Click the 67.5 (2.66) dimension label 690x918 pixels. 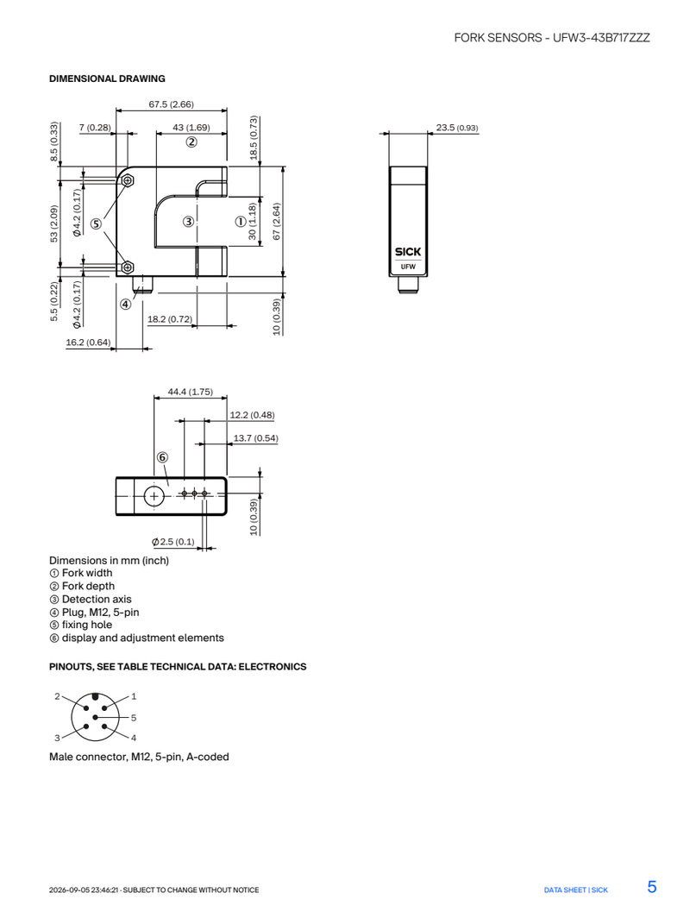coord(171,104)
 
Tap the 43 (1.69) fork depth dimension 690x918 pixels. coord(191,127)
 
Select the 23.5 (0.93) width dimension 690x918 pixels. coord(457,127)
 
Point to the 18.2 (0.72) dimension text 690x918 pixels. coord(170,319)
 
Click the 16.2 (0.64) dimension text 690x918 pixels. coord(88,342)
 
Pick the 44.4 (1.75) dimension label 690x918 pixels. coord(191,392)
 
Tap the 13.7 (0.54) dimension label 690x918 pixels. coord(256,438)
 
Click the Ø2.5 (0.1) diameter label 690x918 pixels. coord(173,542)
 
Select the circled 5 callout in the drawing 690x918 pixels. coord(96,223)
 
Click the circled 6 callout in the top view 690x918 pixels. coord(162,457)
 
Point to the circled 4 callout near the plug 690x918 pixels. coord(126,304)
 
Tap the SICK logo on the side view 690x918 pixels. coord(408,252)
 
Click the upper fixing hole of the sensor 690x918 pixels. coord(127,181)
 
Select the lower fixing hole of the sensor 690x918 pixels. coord(127,268)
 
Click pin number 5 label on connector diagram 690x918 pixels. coord(134,717)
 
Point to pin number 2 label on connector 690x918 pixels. coord(57,696)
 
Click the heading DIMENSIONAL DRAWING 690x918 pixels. coord(107,79)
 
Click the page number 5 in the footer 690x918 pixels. coord(652,886)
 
